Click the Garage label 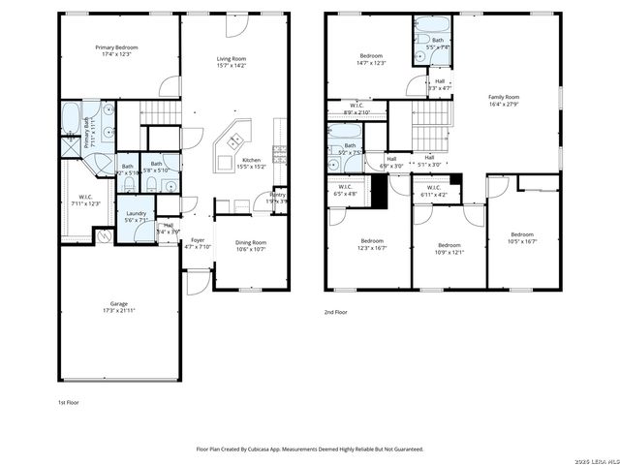[118, 305]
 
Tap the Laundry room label [135, 216]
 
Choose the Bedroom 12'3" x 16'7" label [373, 244]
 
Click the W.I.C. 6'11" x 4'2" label [433, 191]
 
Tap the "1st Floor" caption [69, 400]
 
